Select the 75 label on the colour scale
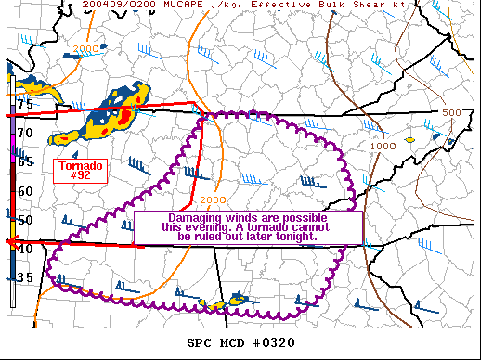(x=24, y=105)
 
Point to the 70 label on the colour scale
(x=24, y=134)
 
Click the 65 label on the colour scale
(x=24, y=161)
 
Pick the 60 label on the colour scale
(x=24, y=191)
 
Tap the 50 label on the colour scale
(x=24, y=220)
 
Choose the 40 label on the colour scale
(x=24, y=249)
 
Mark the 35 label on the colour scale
(x=24, y=277)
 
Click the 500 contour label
(x=451, y=112)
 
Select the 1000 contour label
(x=383, y=147)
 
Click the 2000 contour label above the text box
(x=213, y=199)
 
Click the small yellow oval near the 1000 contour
(x=409, y=140)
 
